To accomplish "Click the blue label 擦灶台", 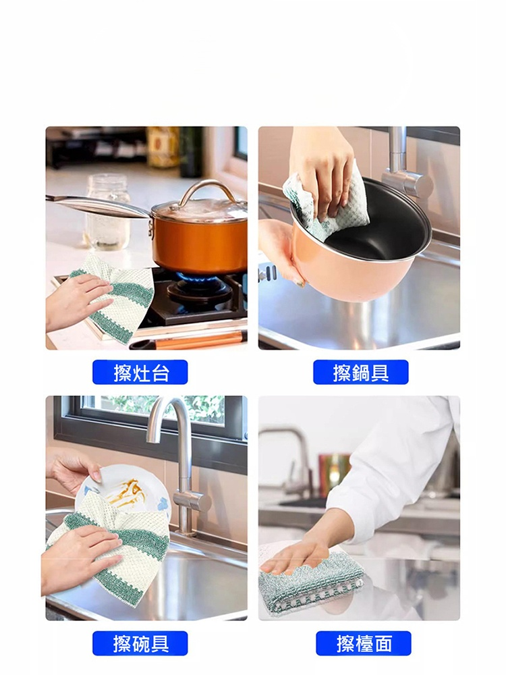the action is [140, 372].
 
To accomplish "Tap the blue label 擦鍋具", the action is [360, 372].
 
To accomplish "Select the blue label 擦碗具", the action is [140, 643].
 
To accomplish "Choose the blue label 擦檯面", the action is [364, 643].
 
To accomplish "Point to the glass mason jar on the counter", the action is [107, 211].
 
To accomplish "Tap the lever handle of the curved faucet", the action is [192, 502].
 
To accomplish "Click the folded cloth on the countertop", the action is [310, 577].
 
